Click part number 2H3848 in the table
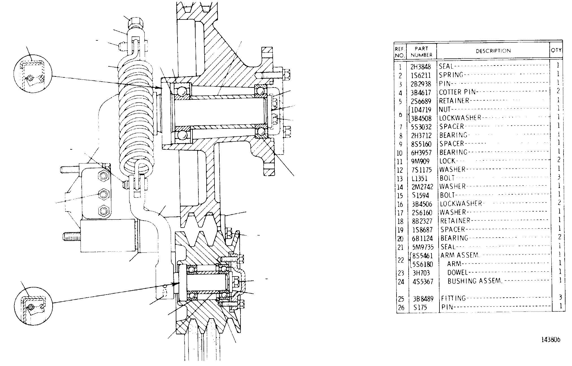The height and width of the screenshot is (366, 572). coord(421,67)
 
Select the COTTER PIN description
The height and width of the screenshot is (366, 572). coord(458,92)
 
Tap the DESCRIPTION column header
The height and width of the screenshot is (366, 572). coord(493,51)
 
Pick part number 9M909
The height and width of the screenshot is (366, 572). coord(420,161)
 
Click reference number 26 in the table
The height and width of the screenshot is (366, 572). coord(401,308)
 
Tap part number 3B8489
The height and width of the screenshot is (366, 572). coord(423,299)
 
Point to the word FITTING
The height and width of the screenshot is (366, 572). coord(454,298)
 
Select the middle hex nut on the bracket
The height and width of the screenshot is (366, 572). coord(104,194)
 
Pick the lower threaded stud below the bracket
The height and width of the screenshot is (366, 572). coord(71,236)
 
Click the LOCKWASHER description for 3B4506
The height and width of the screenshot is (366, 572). coord(461,203)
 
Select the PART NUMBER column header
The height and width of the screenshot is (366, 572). coord(421,52)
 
